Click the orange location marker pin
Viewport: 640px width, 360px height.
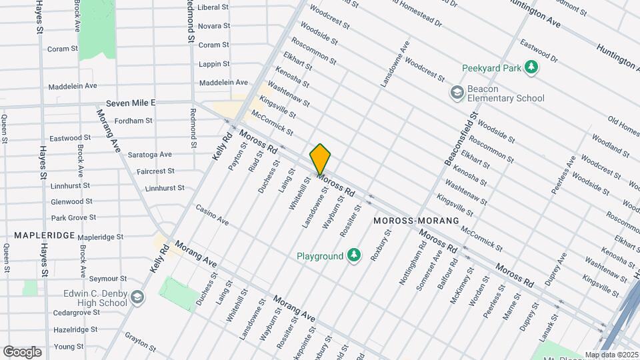coord(320,159)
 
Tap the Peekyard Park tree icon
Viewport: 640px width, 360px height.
coord(531,67)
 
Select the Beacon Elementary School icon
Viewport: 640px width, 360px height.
coord(457,92)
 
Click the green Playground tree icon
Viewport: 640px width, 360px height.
coord(354,255)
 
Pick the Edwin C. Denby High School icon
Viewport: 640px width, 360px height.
coord(137,297)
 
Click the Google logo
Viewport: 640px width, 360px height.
coord(22,351)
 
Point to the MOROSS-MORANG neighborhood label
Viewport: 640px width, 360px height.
coord(417,220)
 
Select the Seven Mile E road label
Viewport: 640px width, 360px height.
coord(130,103)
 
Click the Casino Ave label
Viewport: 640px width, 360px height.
coord(213,214)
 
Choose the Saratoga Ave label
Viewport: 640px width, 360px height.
coord(150,154)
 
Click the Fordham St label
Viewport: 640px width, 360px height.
coord(133,121)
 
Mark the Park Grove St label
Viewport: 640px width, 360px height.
coord(73,217)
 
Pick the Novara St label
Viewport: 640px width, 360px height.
coord(214,25)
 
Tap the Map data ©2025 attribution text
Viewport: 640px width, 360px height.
coord(611,355)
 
